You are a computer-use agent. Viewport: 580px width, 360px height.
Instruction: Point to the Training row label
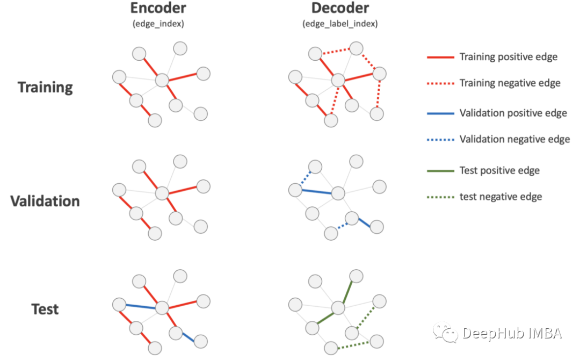(x=45, y=87)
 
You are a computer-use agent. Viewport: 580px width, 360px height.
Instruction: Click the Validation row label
(x=45, y=201)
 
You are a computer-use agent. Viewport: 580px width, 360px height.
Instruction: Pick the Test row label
(x=45, y=309)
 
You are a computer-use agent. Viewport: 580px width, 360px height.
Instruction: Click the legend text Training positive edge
(x=508, y=57)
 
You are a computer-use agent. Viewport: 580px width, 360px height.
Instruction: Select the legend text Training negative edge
(x=510, y=83)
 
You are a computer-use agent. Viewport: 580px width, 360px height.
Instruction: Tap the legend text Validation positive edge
(x=513, y=113)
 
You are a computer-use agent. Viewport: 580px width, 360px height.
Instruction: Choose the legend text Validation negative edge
(x=514, y=139)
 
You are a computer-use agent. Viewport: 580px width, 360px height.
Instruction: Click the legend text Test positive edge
(x=499, y=171)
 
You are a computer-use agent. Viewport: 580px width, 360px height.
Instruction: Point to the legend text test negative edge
(x=501, y=197)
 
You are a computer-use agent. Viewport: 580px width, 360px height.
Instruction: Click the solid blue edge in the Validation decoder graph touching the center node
(x=316, y=191)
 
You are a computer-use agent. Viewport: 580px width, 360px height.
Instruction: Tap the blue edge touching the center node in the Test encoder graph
(x=141, y=306)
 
